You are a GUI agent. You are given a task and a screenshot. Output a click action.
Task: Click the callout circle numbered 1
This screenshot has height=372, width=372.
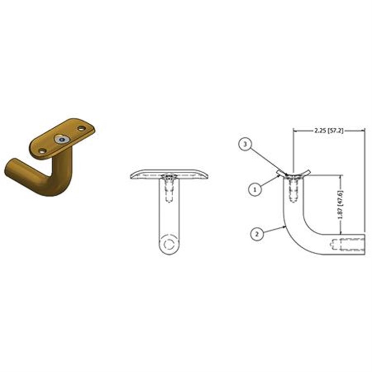coord(255,189)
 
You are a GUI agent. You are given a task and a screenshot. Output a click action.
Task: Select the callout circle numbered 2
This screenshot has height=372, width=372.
coord(257,234)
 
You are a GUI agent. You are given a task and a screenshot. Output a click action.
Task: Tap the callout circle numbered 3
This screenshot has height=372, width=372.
coord(245,144)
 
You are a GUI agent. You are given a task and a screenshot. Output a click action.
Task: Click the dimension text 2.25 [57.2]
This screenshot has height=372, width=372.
coord(329,130)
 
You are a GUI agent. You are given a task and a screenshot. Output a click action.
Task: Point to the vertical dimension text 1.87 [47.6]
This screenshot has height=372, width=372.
coord(341,205)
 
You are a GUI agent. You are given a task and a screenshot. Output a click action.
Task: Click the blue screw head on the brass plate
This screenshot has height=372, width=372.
coord(62,140)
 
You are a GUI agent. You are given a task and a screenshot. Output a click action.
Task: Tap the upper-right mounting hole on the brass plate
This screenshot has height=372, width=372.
coord(81,129)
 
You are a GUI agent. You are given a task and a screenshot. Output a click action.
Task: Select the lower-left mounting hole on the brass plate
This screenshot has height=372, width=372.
coord(42,150)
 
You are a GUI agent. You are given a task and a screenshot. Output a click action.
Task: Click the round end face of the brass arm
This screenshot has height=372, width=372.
coord(11,168)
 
